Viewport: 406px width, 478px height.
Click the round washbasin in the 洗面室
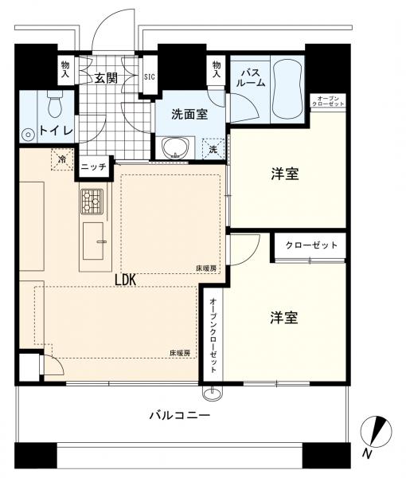[x=174, y=147]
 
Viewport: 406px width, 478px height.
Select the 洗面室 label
[x=189, y=114]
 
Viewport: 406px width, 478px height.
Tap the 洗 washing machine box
[x=213, y=148]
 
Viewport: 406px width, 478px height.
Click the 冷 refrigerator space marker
[x=62, y=159]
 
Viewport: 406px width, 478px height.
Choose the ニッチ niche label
[x=93, y=167]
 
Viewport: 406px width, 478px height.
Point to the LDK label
[x=126, y=280]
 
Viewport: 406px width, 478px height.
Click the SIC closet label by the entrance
[x=150, y=78]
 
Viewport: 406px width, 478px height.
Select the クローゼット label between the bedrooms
[x=311, y=245]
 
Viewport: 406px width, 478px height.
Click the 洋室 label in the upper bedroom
[x=284, y=174]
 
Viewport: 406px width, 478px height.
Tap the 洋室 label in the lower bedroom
[x=284, y=318]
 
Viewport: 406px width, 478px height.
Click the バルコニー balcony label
[x=180, y=416]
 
